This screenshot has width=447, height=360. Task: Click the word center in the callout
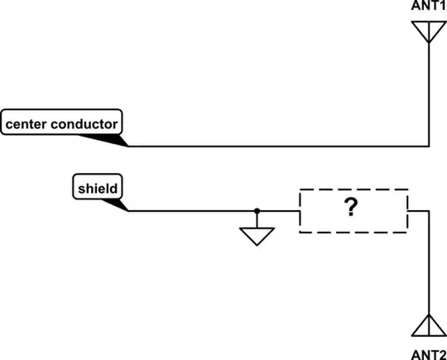click(28, 125)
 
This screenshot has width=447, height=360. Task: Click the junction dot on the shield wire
click(257, 210)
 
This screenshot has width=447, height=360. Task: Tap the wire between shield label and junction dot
click(190, 210)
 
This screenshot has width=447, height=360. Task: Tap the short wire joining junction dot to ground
click(257, 219)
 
